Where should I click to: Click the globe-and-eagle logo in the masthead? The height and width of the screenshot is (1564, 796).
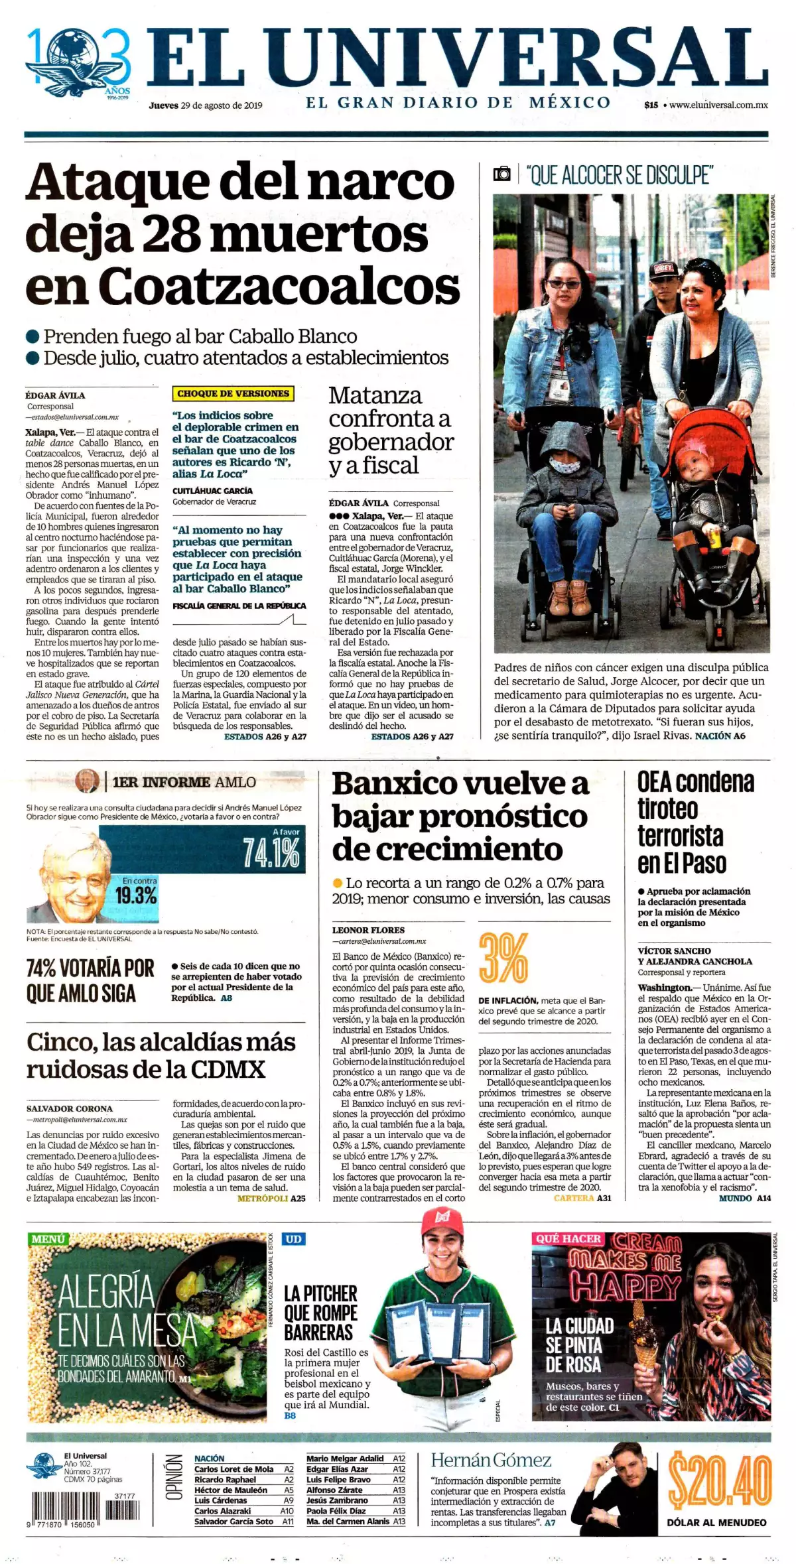(78, 61)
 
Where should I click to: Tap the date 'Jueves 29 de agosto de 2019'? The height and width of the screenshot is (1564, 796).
(206, 105)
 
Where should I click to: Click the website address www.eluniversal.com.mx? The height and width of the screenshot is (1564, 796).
(718, 105)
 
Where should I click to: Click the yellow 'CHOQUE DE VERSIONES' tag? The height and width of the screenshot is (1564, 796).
(233, 393)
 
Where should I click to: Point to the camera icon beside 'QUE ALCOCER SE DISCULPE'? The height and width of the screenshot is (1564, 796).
(502, 174)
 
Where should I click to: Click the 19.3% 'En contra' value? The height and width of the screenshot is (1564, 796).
(136, 896)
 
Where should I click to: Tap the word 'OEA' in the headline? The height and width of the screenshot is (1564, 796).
(655, 782)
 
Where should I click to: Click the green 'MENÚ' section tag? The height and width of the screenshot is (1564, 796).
(48, 1238)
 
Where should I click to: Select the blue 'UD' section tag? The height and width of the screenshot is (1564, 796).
(293, 1238)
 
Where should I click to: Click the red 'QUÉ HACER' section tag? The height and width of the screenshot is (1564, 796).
(568, 1238)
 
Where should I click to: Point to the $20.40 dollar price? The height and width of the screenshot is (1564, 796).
(720, 1480)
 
